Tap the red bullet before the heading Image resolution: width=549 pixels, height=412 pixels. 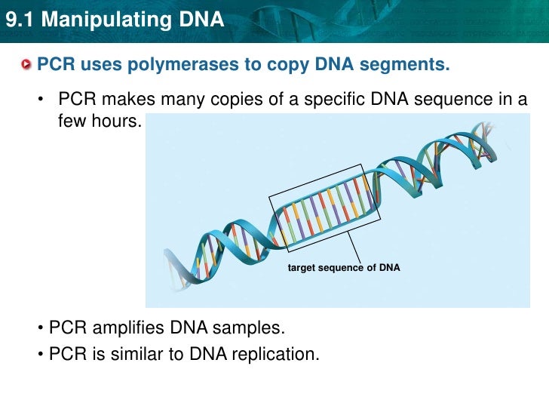(x=27, y=66)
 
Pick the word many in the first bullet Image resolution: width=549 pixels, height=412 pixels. (x=182, y=100)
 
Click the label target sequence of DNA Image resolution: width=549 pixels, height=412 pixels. (x=344, y=268)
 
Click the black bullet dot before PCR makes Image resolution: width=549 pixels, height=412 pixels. (x=43, y=101)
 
